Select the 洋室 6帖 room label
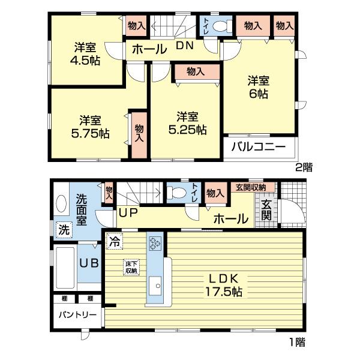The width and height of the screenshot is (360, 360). point(259,87)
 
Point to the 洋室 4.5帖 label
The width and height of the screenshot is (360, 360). point(87,53)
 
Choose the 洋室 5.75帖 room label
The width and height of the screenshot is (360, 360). point(87,125)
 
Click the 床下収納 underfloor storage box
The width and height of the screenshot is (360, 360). point(131,267)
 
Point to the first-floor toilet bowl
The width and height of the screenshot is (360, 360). point(177,193)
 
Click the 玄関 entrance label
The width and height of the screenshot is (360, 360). point(266,211)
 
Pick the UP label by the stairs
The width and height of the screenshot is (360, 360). point(127,212)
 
